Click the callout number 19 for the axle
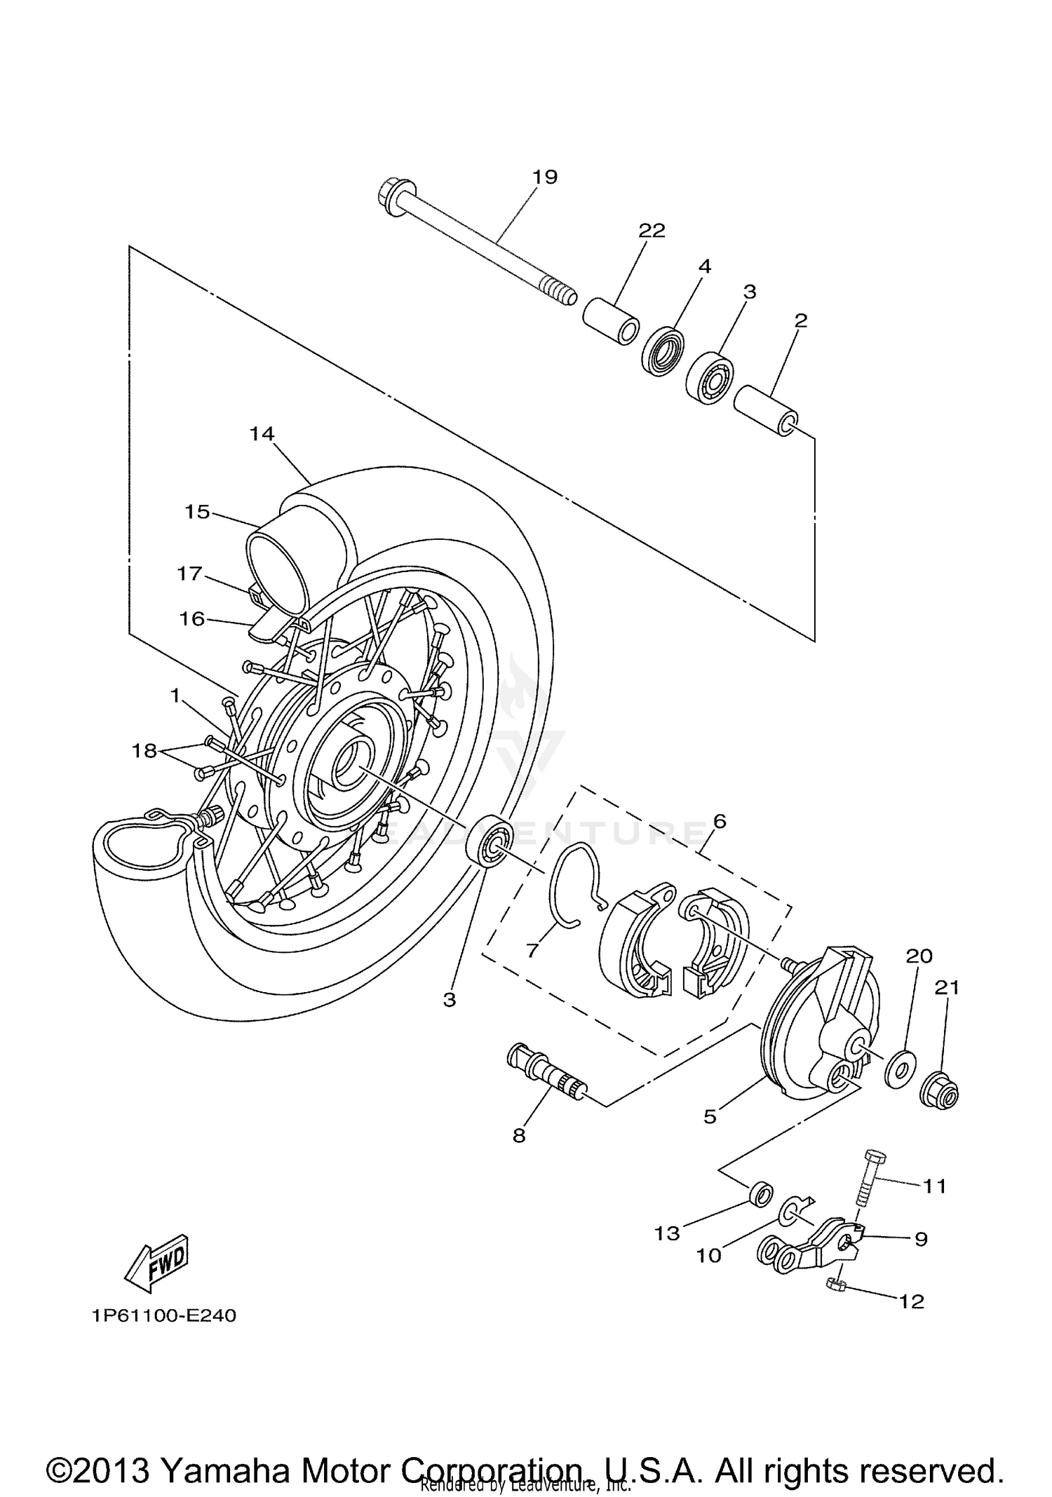click(x=544, y=177)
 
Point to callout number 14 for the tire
click(x=262, y=433)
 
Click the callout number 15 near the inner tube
click(x=197, y=512)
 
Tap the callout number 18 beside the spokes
click(x=144, y=751)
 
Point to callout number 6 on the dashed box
click(x=720, y=821)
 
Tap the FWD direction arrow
click(x=156, y=1263)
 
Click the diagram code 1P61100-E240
click(x=163, y=1315)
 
